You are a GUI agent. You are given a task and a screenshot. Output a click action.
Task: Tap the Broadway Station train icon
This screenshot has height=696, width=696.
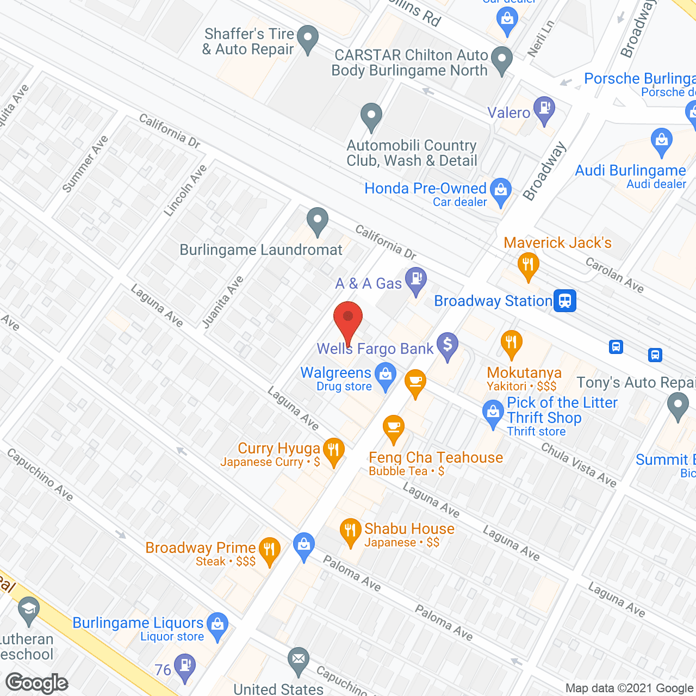click(x=565, y=301)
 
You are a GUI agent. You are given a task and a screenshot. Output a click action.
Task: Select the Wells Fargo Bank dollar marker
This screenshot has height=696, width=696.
click(x=448, y=345)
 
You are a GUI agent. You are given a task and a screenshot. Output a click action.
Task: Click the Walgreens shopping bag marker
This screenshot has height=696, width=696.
click(x=386, y=375)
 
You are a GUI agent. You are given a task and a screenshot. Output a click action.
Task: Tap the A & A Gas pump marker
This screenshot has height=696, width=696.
click(x=417, y=281)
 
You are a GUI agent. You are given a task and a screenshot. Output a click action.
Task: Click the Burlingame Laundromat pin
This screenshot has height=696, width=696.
click(x=318, y=221)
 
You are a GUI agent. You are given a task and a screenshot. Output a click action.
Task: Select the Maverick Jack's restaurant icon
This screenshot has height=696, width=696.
click(x=528, y=266)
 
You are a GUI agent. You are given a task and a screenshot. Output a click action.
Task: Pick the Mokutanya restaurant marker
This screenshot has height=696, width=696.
click(x=511, y=343)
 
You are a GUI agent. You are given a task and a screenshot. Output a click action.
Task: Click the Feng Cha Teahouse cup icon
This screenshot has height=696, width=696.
click(x=394, y=428)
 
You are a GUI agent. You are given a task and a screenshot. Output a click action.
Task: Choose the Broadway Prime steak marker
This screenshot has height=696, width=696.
click(x=269, y=550)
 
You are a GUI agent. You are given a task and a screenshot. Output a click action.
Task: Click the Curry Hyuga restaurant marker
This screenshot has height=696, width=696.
click(x=334, y=451)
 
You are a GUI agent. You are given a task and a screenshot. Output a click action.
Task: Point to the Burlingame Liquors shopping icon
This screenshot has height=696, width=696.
click(x=217, y=625)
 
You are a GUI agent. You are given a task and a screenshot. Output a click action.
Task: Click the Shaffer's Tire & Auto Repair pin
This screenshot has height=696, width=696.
click(x=308, y=39)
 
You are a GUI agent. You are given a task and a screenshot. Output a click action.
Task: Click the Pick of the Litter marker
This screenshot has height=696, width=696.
click(x=493, y=413)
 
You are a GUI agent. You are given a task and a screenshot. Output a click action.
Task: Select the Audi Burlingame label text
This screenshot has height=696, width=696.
click(x=630, y=171)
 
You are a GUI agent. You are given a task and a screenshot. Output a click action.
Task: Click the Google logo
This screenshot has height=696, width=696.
click(x=37, y=683)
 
